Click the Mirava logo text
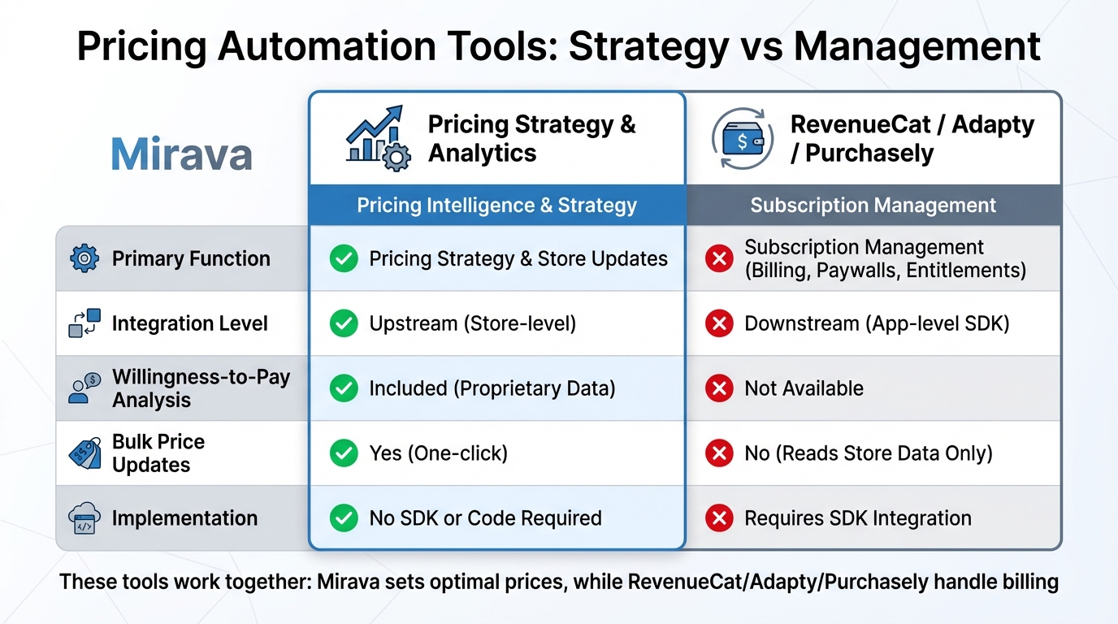pyautogui.click(x=181, y=154)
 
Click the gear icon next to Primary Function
pyautogui.click(x=84, y=258)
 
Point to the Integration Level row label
pyautogui.click(x=189, y=323)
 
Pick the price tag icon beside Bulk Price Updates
pyautogui.click(x=84, y=453)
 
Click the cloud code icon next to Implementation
pyautogui.click(x=84, y=518)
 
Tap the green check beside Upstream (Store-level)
pyautogui.click(x=344, y=323)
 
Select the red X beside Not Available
pyautogui.click(x=719, y=388)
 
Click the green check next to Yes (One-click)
pyautogui.click(x=344, y=453)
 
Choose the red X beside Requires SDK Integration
pyautogui.click(x=719, y=518)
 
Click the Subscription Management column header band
pyautogui.click(x=873, y=206)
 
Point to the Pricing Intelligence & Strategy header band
pyautogui.click(x=496, y=206)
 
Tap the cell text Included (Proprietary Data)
pyautogui.click(x=492, y=388)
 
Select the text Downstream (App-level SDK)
pyautogui.click(x=877, y=323)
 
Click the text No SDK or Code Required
pyautogui.click(x=485, y=518)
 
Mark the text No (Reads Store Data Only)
pyautogui.click(x=869, y=453)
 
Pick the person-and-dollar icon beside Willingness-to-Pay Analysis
pyautogui.click(x=84, y=388)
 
